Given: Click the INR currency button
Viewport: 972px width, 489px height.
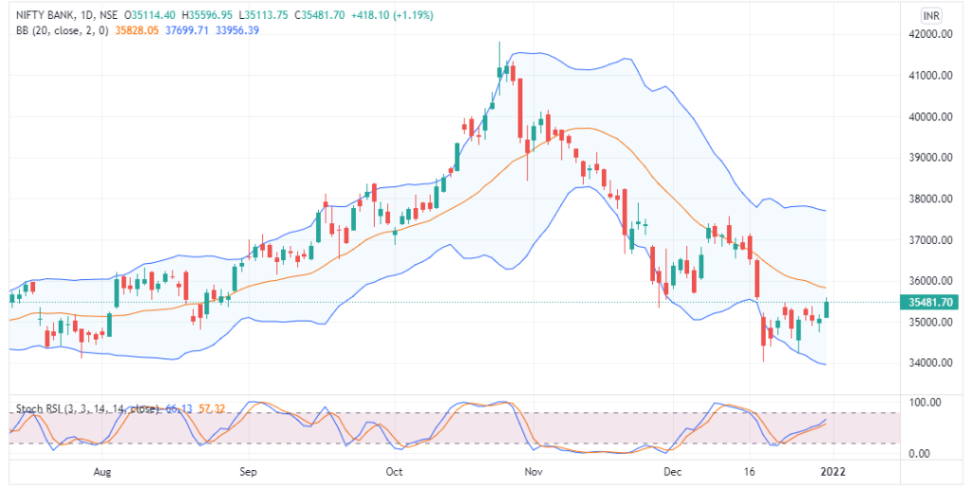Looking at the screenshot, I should [931, 15].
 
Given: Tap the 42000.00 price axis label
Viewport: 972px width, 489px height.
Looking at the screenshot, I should [929, 34].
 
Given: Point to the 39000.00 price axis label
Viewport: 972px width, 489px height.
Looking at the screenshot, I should [929, 158].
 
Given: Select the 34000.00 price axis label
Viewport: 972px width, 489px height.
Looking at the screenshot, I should [929, 363].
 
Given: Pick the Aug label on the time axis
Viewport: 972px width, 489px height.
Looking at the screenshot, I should [104, 471].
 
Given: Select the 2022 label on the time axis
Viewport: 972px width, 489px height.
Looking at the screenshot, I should [832, 471].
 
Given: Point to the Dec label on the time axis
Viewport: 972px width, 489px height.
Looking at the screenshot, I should [672, 471].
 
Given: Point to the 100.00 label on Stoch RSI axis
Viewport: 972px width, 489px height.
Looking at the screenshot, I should [925, 404].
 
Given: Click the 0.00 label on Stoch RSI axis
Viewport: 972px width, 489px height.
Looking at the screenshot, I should [920, 454].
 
